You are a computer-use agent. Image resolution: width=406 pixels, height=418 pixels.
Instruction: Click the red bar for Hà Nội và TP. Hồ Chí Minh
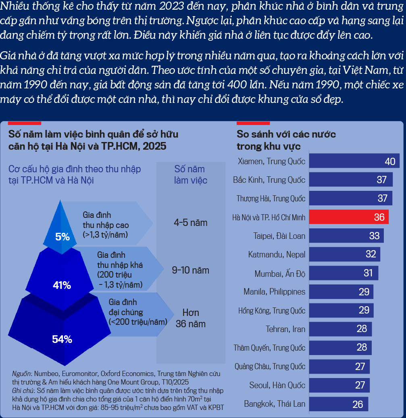(x=349, y=217)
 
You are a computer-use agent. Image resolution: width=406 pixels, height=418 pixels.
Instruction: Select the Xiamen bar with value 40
(x=354, y=161)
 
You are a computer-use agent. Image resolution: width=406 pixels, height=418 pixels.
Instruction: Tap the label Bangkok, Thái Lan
(x=275, y=403)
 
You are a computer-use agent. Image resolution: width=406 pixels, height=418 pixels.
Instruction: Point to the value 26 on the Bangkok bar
(x=358, y=404)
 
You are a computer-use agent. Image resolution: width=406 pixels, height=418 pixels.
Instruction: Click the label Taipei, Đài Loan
(x=279, y=236)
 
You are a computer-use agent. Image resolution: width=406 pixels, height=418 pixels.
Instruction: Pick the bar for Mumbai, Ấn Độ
(x=344, y=273)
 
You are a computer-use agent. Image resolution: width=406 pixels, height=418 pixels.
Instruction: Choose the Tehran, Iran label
(x=285, y=329)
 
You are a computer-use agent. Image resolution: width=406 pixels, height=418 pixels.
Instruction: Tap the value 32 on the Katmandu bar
(x=371, y=254)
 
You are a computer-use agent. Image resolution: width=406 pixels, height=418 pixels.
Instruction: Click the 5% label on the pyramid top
(x=62, y=237)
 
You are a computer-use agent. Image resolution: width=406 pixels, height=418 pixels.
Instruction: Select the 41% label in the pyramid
(x=62, y=285)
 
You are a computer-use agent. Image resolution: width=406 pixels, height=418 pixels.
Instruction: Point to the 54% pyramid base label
(x=62, y=339)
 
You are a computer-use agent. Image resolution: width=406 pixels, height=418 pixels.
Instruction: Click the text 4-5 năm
(x=190, y=222)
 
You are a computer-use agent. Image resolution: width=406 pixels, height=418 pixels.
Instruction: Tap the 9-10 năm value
(x=190, y=270)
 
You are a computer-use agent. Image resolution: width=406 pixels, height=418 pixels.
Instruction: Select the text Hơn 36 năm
(x=190, y=318)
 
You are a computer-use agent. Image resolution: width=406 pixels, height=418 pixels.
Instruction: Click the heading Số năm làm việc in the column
(x=190, y=174)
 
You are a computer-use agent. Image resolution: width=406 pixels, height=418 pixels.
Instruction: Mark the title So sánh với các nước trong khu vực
(x=286, y=140)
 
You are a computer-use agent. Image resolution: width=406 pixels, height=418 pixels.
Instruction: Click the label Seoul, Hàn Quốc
(x=277, y=385)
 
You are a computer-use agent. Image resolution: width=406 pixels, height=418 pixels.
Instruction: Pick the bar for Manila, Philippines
(x=341, y=292)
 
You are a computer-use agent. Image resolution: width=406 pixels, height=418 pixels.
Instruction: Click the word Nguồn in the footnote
(x=21, y=374)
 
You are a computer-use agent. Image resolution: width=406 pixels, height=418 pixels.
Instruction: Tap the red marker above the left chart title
(x=25, y=123)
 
